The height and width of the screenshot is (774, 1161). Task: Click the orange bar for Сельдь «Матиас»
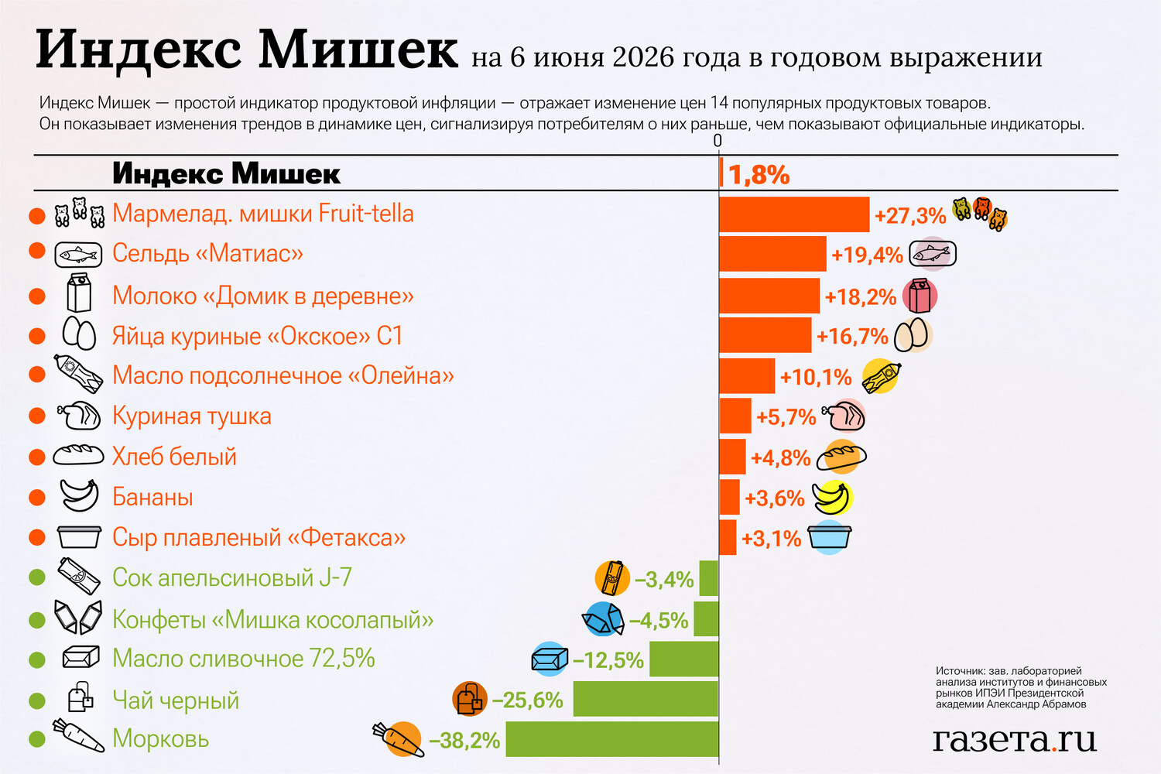click(x=772, y=254)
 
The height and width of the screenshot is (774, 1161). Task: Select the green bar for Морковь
click(x=612, y=738)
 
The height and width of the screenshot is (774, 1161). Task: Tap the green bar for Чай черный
click(x=646, y=699)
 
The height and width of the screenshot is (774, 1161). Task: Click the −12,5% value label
click(x=608, y=660)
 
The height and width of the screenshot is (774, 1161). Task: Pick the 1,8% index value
click(x=759, y=175)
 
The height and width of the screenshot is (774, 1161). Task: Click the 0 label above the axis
click(x=717, y=141)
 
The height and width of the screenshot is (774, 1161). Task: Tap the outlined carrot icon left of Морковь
click(x=79, y=735)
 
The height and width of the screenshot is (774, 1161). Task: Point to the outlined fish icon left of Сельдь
click(x=78, y=255)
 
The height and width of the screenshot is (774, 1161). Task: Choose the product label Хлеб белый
click(x=174, y=457)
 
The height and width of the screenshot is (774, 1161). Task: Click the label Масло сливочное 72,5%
click(x=244, y=659)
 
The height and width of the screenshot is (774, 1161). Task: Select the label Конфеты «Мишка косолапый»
click(x=273, y=619)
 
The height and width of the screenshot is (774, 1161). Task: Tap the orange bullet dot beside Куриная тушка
click(x=37, y=416)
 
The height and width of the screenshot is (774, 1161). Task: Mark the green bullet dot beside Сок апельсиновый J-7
click(x=37, y=577)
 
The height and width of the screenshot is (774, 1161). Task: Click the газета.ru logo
click(x=1014, y=740)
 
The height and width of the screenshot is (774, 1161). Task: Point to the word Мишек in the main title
click(x=358, y=50)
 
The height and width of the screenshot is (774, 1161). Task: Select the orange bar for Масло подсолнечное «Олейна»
click(x=747, y=376)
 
